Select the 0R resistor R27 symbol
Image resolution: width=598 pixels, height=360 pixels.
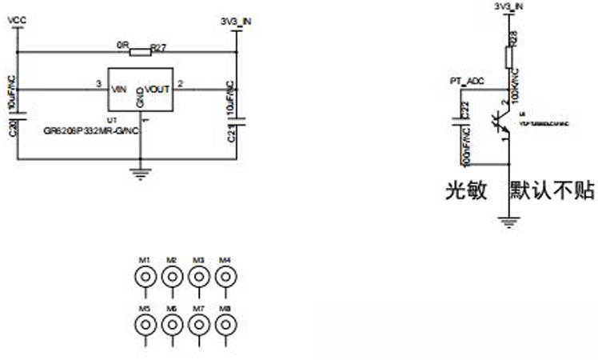click(140, 53)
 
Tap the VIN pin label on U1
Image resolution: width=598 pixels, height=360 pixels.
click(119, 89)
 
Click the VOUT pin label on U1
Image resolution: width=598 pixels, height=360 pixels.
click(157, 89)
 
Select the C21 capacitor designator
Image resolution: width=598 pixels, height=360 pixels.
click(230, 132)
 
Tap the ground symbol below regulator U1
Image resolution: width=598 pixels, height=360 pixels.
click(141, 173)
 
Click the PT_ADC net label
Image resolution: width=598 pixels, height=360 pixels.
click(466, 81)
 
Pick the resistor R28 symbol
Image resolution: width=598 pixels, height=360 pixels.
click(508, 58)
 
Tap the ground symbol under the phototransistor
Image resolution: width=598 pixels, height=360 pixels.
click(508, 221)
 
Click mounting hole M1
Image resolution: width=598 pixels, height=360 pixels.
click(146, 277)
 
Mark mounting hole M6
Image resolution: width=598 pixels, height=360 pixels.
click(172, 324)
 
